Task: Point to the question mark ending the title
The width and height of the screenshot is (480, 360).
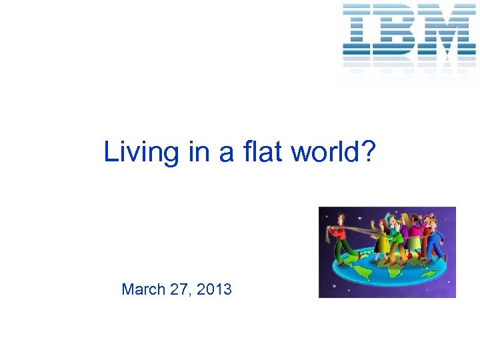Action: click(369, 152)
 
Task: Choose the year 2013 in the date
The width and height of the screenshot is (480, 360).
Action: click(215, 289)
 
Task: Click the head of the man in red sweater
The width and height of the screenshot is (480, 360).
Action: click(340, 217)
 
